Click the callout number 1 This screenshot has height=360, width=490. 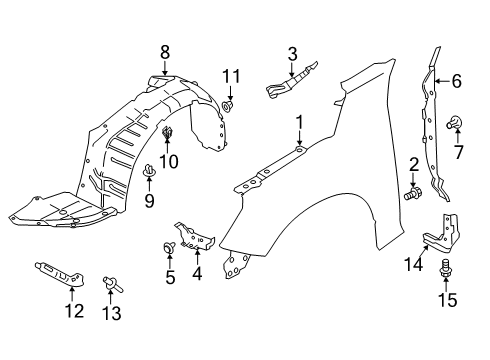tap(298, 121)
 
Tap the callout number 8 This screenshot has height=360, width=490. tap(165, 52)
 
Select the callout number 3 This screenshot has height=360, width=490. tap(292, 54)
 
